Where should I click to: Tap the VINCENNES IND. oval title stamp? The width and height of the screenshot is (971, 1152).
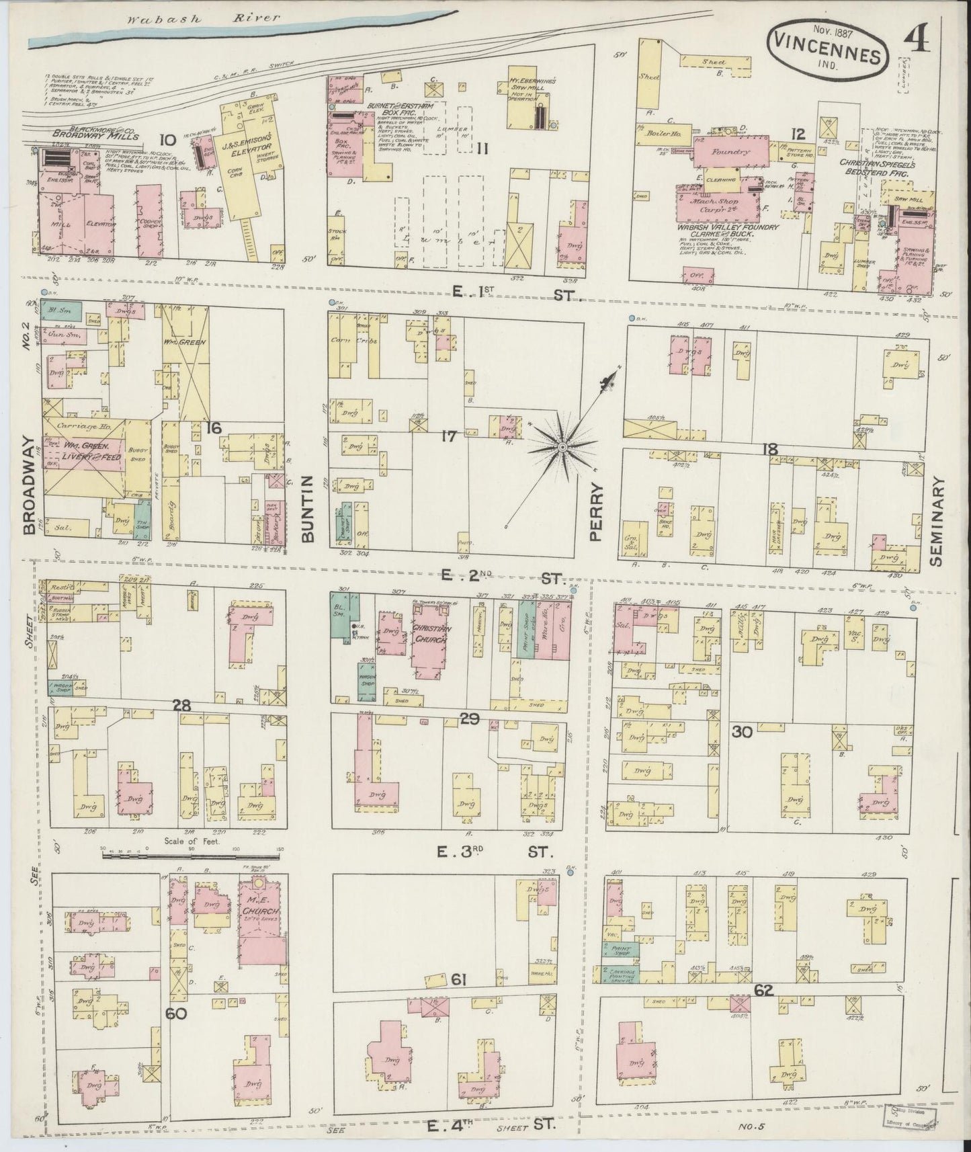tap(831, 51)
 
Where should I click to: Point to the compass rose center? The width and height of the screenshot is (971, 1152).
tap(562, 446)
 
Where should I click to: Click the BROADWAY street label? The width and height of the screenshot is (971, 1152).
tap(28, 485)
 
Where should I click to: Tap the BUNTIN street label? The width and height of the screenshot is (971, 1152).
tap(307, 509)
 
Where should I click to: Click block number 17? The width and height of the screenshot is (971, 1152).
tap(449, 437)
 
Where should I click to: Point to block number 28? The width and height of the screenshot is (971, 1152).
tap(181, 706)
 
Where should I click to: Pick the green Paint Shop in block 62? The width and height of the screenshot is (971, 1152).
tap(620, 952)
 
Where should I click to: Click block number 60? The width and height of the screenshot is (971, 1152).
tap(176, 1014)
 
